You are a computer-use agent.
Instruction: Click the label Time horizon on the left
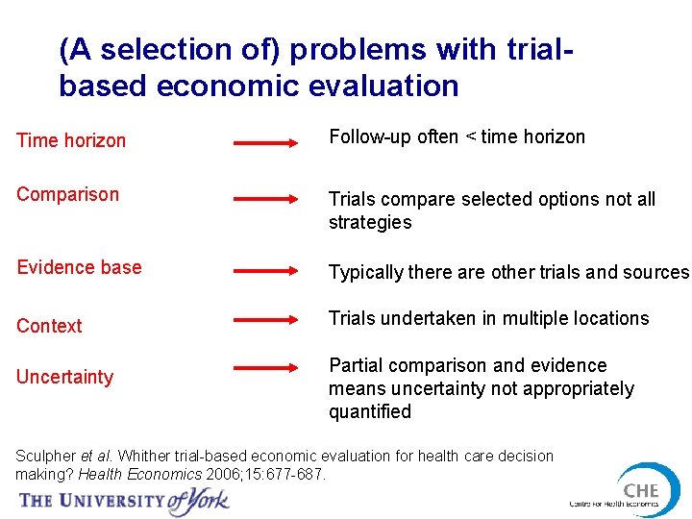click(71, 140)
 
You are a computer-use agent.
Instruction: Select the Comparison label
click(67, 194)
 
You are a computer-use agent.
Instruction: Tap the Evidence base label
click(79, 267)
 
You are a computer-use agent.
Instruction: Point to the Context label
click(49, 326)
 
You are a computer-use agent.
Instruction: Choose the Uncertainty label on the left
click(64, 377)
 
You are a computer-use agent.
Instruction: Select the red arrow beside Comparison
click(267, 199)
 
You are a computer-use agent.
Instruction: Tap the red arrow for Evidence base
click(267, 272)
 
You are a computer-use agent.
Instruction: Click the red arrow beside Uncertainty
click(267, 366)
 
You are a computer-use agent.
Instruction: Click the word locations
click(611, 318)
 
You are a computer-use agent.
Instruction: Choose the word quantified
click(370, 411)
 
